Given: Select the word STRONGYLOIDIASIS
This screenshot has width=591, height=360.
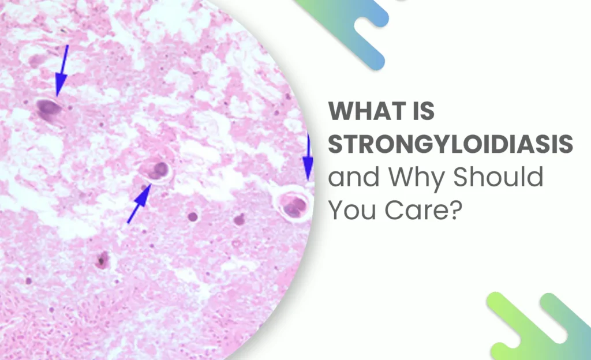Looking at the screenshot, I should [450, 144].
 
